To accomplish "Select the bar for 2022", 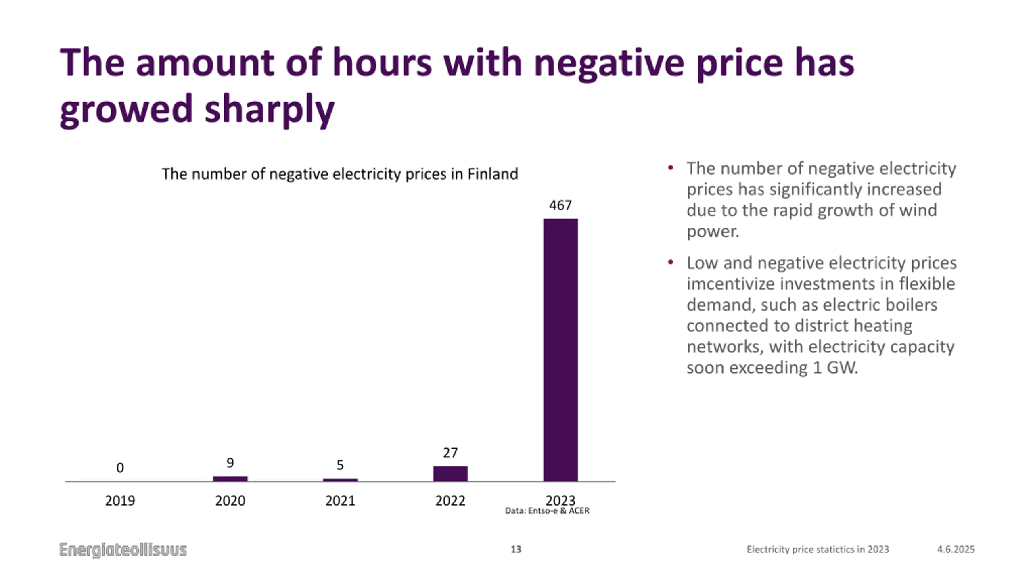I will pyautogui.click(x=450, y=474).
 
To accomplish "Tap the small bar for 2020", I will pyautogui.click(x=230, y=479).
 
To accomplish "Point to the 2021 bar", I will pyautogui.click(x=340, y=480).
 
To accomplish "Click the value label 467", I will pyautogui.click(x=560, y=205).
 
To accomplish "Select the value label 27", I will pyautogui.click(x=450, y=453).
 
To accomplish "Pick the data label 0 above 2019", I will pyautogui.click(x=120, y=468).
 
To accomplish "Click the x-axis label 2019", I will pyautogui.click(x=120, y=501).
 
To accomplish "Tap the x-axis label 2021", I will pyautogui.click(x=340, y=501).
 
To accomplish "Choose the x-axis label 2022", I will pyautogui.click(x=450, y=501).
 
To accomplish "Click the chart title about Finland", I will pyautogui.click(x=340, y=174).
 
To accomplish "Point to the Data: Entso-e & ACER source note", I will pyautogui.click(x=547, y=511).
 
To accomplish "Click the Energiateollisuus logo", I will pyautogui.click(x=123, y=550).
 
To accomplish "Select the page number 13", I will pyautogui.click(x=516, y=550).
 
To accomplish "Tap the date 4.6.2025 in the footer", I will pyautogui.click(x=956, y=550).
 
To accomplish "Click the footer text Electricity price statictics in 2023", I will pyautogui.click(x=818, y=550).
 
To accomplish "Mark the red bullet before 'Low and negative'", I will pyautogui.click(x=671, y=263).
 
